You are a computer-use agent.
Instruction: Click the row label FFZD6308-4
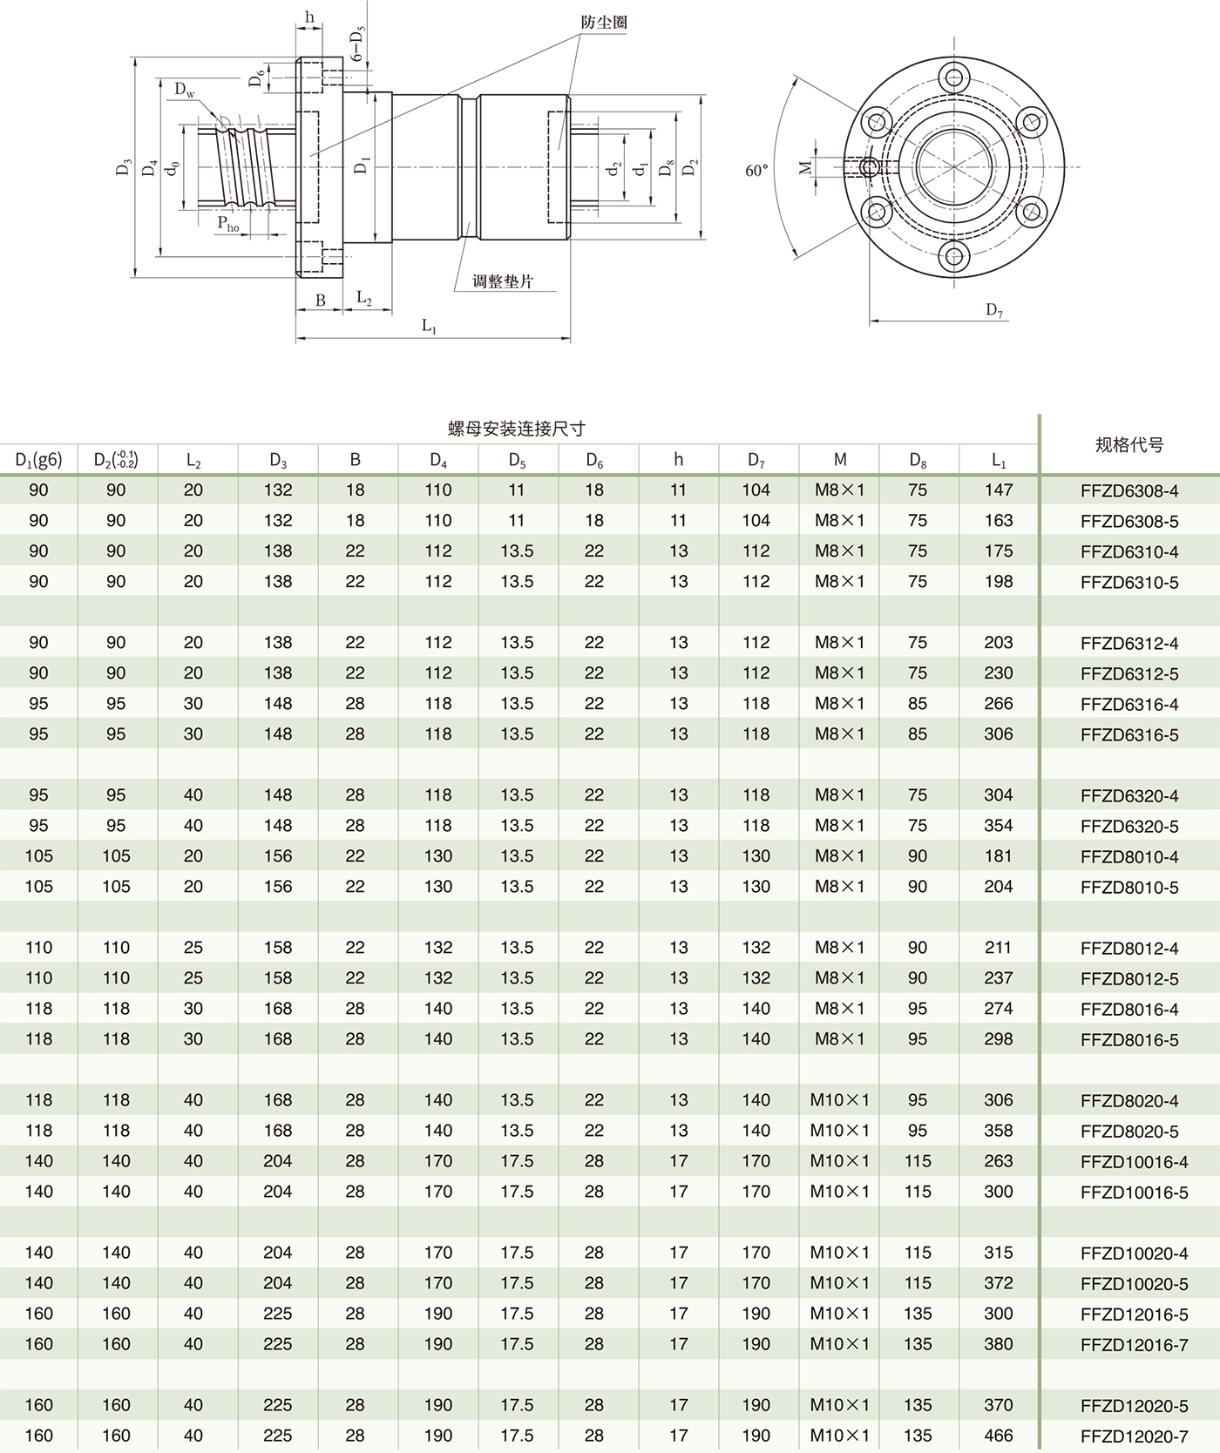point(1128,490)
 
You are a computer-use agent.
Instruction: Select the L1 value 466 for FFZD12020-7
point(998,1436)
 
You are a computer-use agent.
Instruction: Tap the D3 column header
point(278,460)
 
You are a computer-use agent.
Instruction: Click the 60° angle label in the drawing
point(756,171)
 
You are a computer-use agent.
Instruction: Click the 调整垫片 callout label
point(503,281)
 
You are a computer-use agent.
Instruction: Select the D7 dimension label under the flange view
point(994,309)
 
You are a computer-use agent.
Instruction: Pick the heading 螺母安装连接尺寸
point(516,428)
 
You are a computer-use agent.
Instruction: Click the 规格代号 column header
point(1128,445)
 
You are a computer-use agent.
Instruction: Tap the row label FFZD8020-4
point(1128,1100)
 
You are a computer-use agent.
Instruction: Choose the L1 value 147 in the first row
point(998,490)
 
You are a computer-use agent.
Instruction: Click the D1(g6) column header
point(38,460)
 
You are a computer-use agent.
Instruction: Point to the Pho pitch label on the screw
point(228,224)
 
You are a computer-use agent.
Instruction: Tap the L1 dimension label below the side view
point(429,326)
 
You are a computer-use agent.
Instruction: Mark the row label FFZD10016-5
point(1134,1192)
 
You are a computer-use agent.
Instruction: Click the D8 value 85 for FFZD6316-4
point(917,704)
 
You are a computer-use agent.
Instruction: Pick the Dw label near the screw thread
point(185,90)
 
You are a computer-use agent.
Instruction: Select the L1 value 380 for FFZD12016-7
point(998,1344)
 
